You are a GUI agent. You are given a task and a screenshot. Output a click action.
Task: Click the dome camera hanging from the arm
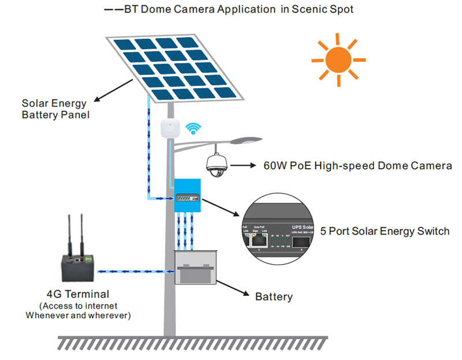tap(218, 165)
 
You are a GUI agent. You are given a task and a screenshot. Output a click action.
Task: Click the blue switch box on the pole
tap(187, 198)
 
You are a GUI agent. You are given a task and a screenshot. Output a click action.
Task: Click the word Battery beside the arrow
tap(274, 296)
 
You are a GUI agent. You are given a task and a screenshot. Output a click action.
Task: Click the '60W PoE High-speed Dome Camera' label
tap(357, 166)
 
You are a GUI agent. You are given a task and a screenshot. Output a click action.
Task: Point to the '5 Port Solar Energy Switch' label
tap(385, 231)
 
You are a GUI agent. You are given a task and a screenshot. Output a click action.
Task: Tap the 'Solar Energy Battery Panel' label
tap(54, 109)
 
